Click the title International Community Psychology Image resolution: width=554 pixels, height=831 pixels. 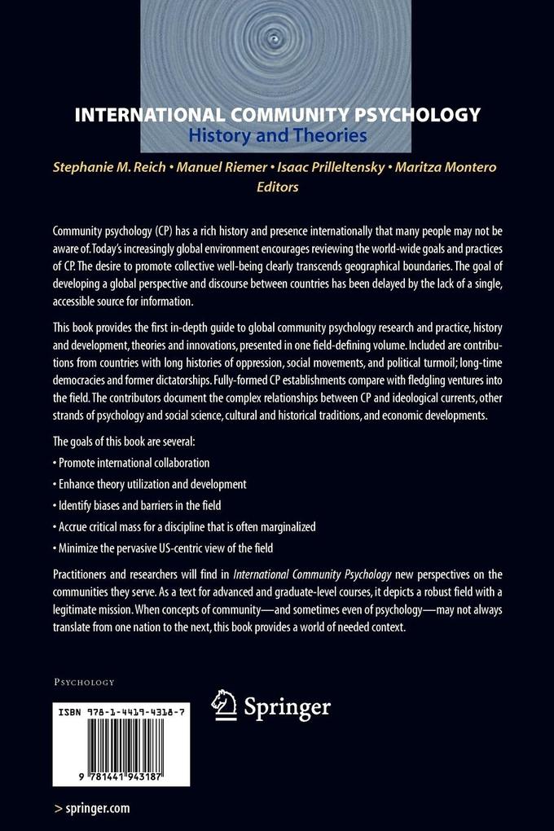tap(277, 114)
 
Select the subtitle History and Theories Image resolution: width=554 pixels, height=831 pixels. tap(277, 135)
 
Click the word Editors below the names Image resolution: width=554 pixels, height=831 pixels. tap(277, 187)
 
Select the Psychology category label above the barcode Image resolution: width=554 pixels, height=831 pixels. tap(84, 681)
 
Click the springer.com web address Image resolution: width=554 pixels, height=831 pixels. tap(91, 808)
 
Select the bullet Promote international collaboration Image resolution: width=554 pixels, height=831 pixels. tap(131, 463)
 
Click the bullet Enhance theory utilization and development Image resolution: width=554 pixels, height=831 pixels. tap(149, 484)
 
